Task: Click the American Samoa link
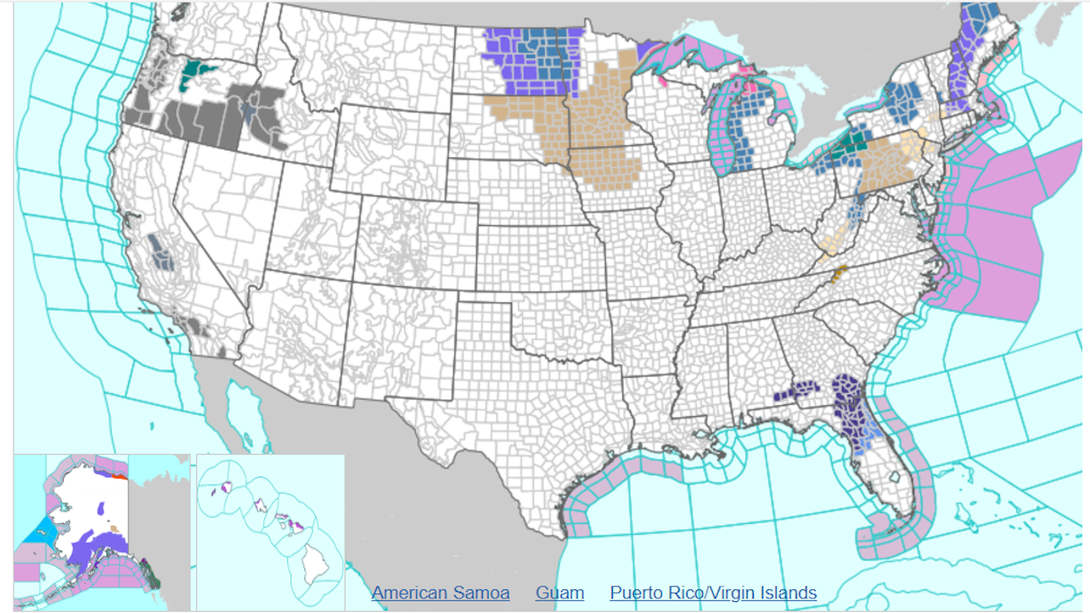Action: coord(441,593)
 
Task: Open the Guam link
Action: coord(560,593)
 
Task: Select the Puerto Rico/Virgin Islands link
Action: coord(713,593)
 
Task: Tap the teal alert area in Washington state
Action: coord(194,71)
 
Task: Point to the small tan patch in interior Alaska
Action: coord(114,527)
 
